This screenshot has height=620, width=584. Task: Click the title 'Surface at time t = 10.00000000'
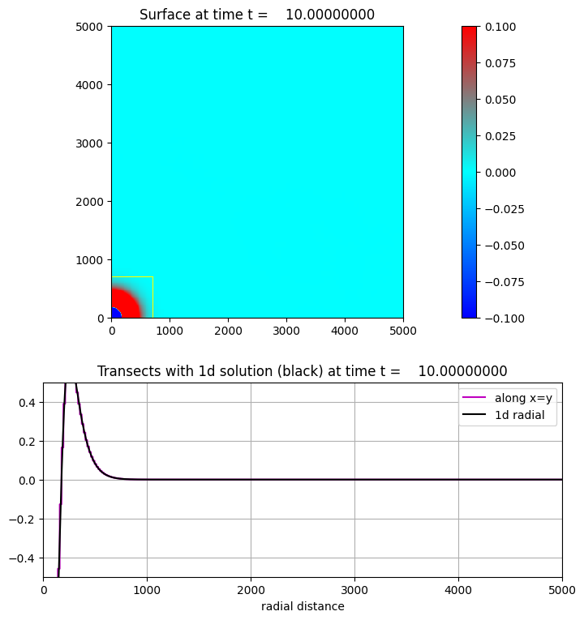257,15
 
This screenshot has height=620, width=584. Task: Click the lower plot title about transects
302,371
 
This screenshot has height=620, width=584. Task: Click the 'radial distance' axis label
302,606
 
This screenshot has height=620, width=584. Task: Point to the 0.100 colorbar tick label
501,27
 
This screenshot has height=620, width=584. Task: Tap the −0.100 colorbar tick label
505,319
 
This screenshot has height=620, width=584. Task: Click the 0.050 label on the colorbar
501,100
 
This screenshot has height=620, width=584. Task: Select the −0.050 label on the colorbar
505,246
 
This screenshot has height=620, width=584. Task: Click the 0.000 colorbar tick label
501,173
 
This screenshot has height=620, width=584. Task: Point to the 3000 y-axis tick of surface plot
90,143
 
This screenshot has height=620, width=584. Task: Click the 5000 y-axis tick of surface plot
90,27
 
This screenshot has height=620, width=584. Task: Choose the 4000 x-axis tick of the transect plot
458,590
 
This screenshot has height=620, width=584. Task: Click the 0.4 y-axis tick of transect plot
28,403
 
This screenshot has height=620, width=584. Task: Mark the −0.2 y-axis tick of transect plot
24,520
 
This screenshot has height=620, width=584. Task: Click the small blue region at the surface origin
114,314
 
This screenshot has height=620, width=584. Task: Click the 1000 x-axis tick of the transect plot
147,590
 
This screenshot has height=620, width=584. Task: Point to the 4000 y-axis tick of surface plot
90,85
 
